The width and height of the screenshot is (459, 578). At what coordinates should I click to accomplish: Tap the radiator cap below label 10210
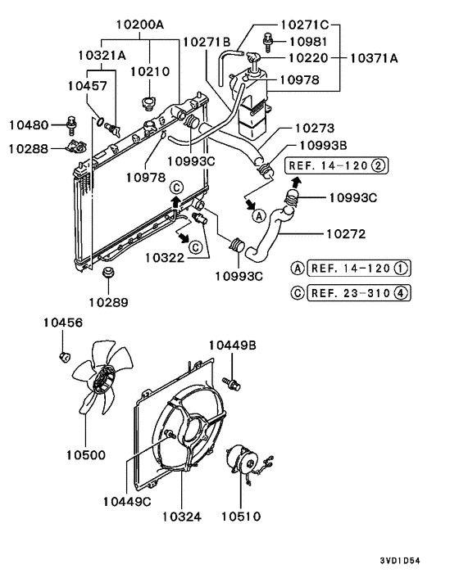point(148,104)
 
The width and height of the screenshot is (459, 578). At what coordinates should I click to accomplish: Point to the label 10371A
point(375,59)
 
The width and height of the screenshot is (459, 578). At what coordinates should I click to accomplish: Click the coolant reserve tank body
point(253,106)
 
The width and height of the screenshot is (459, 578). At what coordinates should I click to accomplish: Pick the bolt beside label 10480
point(71,125)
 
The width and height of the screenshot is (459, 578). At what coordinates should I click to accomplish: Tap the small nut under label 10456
point(64,356)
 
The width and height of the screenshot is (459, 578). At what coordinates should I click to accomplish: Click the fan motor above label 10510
point(241,458)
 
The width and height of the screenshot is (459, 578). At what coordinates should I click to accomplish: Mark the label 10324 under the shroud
point(181,517)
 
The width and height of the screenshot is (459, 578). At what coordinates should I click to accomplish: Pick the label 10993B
point(322,146)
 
